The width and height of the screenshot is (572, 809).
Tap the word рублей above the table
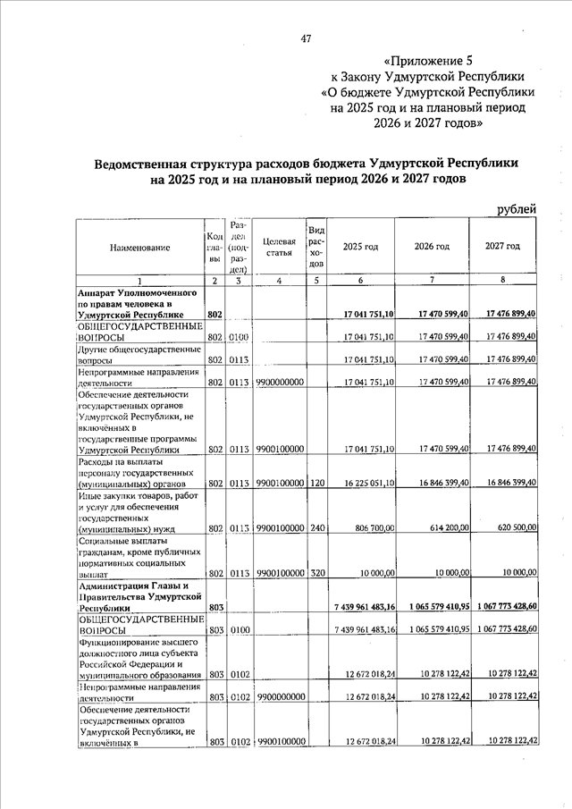516,209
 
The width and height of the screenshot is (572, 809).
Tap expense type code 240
315,528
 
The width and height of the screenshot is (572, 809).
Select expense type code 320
315,573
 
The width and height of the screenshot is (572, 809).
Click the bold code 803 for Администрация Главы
214,607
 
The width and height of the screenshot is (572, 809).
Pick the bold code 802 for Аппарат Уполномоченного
214,315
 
